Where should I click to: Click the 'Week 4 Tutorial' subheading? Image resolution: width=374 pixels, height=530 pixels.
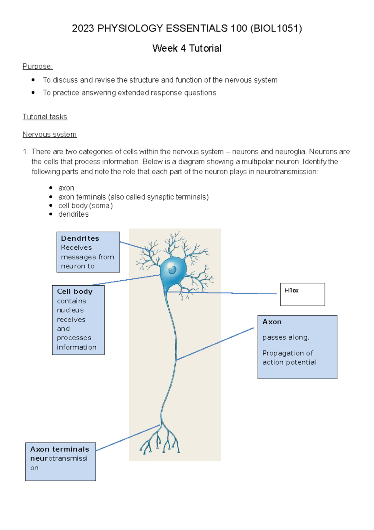187,48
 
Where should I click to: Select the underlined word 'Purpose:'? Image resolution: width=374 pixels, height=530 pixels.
38,66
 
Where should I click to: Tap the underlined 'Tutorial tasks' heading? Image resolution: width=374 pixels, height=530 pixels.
45,117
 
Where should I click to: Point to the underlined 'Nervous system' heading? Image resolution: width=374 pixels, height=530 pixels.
50,135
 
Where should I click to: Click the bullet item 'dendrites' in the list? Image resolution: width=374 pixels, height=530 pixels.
73,214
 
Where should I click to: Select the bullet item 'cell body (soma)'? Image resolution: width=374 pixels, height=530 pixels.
85,206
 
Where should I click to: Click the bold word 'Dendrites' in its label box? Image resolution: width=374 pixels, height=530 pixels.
80,238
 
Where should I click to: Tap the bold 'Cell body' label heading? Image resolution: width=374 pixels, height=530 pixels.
75,292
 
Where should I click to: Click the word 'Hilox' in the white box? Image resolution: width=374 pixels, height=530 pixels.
291,291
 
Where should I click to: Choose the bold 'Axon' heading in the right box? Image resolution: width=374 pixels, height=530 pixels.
272,322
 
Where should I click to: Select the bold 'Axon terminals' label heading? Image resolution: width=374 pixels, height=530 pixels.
60,449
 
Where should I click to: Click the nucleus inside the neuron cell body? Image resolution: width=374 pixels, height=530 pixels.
172,270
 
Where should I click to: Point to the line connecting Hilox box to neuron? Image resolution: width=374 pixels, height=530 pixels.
237,293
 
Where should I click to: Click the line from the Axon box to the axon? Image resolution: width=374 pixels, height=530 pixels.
215,344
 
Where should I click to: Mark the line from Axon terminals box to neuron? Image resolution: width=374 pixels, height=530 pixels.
128,438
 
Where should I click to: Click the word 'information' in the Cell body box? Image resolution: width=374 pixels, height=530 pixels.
77,347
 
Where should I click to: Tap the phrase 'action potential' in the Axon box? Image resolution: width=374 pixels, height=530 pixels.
289,362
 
